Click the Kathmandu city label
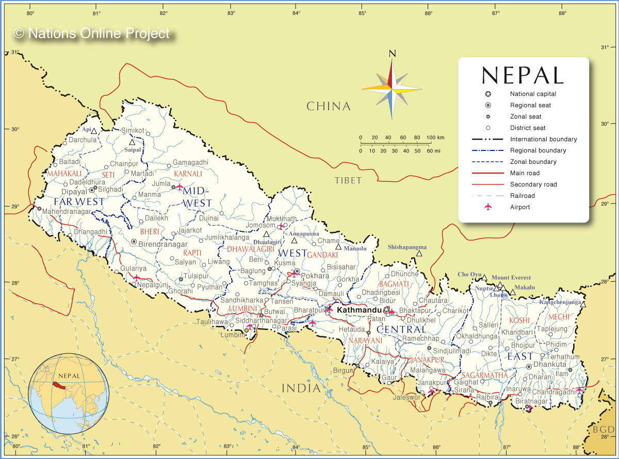[x=359, y=311]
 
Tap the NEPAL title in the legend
[x=523, y=75]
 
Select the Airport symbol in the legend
[x=488, y=207]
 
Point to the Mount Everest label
[x=511, y=278]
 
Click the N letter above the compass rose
[x=392, y=53]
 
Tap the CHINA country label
[x=328, y=106]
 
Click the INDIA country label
[x=301, y=388]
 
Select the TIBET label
[x=348, y=180]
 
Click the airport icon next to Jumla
[x=180, y=187]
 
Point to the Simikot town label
[x=133, y=130]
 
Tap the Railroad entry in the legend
[x=522, y=196]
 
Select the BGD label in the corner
[x=602, y=429]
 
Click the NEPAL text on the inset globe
[x=69, y=376]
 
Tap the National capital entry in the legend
[x=533, y=94]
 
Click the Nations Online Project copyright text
[x=92, y=33]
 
